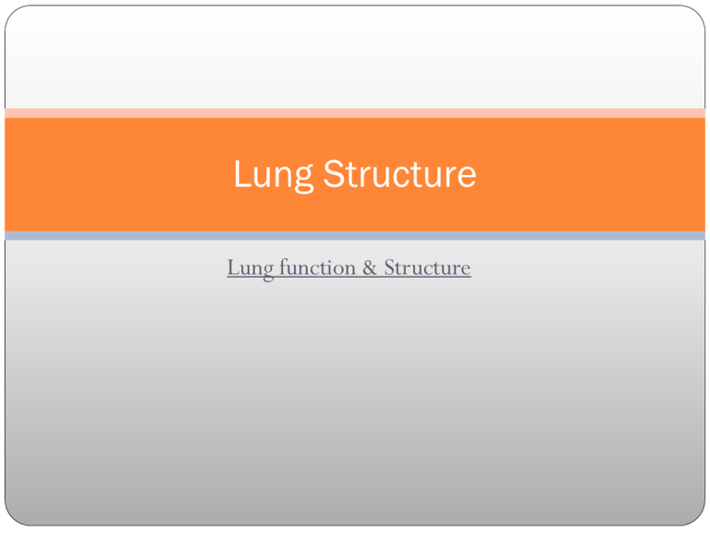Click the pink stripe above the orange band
click(x=355, y=113)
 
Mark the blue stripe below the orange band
click(x=355, y=236)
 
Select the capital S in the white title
click(x=332, y=174)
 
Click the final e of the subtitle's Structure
click(x=465, y=270)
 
